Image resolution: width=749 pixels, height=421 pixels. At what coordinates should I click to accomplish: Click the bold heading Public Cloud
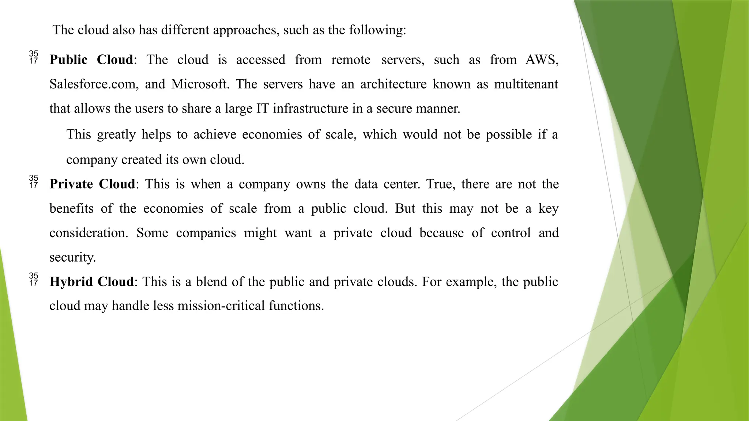(x=91, y=60)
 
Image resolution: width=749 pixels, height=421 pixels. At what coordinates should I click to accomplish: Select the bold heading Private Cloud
(x=92, y=184)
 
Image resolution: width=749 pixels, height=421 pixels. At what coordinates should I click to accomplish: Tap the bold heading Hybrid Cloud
(x=91, y=282)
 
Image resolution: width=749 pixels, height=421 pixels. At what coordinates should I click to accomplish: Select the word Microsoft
(x=200, y=84)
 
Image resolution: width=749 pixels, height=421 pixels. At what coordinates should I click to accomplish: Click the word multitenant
(x=526, y=84)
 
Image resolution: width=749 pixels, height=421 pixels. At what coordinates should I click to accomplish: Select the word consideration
(x=89, y=233)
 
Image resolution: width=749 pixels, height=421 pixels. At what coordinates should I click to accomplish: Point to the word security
(x=72, y=257)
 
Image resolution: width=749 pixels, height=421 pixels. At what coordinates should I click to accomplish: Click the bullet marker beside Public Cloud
(x=34, y=58)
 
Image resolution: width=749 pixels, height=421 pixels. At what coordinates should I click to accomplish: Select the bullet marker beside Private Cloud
(x=34, y=182)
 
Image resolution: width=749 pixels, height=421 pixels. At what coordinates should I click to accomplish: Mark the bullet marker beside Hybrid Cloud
(x=34, y=280)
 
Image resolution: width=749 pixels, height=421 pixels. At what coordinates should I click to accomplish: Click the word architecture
(x=393, y=84)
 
